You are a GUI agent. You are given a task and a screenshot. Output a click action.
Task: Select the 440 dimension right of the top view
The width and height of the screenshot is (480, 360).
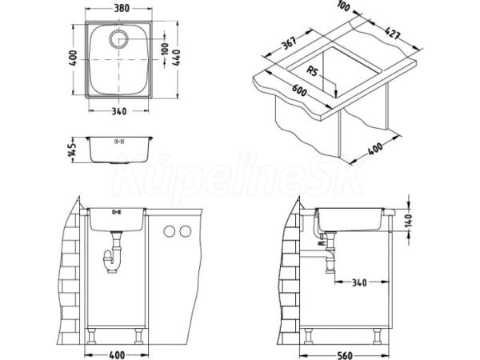[x=176, y=58]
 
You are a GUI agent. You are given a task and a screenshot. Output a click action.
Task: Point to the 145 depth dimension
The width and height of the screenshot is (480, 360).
[x=73, y=149]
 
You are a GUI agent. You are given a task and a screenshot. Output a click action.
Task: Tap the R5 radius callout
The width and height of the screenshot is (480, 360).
[x=313, y=71]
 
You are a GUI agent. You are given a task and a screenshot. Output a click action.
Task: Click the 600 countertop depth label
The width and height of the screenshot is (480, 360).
[x=299, y=90]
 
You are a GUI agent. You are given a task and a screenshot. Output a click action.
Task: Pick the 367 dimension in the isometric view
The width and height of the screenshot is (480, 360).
[x=289, y=43]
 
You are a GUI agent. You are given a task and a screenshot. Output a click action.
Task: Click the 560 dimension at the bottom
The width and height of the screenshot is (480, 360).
[x=345, y=355]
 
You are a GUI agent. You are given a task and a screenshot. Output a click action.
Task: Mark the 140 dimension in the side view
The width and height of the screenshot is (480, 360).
[x=408, y=219]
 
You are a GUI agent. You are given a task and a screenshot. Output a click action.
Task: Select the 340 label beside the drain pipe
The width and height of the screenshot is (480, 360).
[x=359, y=282]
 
